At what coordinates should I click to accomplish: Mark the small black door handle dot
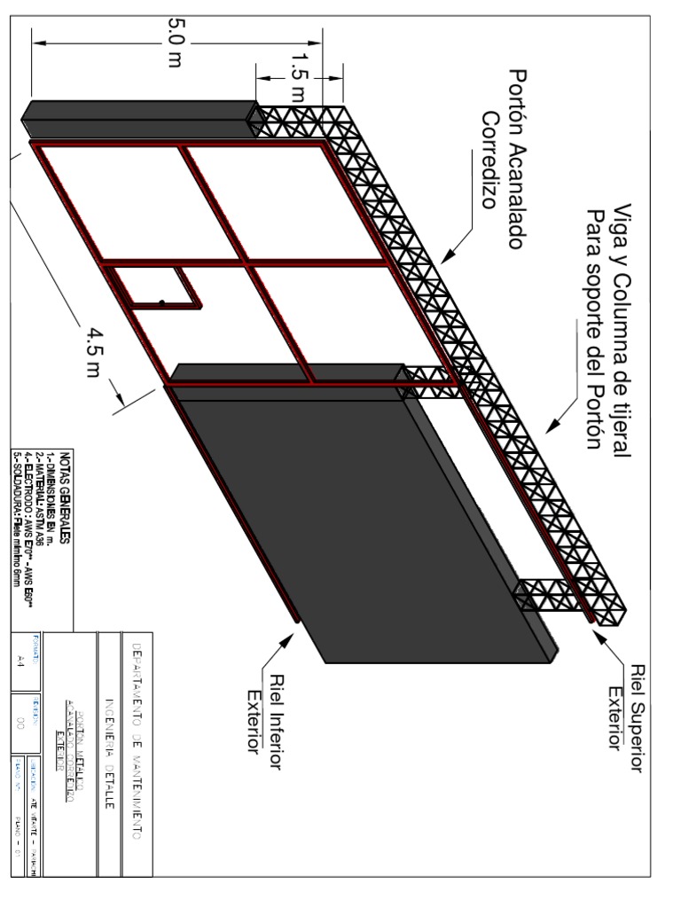click(x=161, y=303)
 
